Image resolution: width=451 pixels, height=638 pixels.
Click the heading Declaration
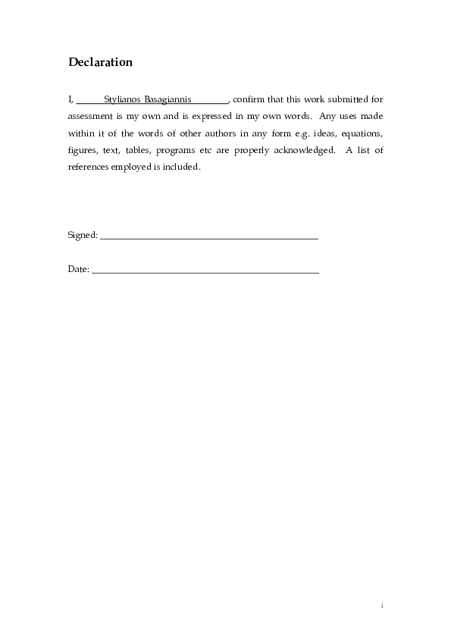coord(100,62)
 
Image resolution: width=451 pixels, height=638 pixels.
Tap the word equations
coord(362,133)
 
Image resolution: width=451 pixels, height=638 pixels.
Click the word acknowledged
coord(302,150)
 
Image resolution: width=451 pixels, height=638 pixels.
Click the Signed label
coord(82,236)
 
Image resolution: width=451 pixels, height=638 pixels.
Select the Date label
coord(78,269)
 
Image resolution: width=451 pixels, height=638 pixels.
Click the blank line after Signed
coord(208,238)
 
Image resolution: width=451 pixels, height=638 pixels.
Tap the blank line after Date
coord(205,271)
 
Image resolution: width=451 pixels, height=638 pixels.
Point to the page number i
coord(382,605)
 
